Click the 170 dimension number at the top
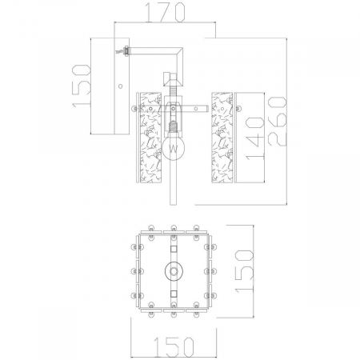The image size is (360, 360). point(166,12)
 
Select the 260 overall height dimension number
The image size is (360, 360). point(278,122)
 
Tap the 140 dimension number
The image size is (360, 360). point(255,139)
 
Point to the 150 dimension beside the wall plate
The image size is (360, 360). point(81,86)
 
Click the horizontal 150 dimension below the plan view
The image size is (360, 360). point(174,347)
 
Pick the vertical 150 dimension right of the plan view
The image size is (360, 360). point(244,271)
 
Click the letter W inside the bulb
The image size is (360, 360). point(174,149)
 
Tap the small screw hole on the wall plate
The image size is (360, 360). point(121,86)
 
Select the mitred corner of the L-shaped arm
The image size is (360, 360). point(178,51)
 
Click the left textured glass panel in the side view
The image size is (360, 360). point(150,138)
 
